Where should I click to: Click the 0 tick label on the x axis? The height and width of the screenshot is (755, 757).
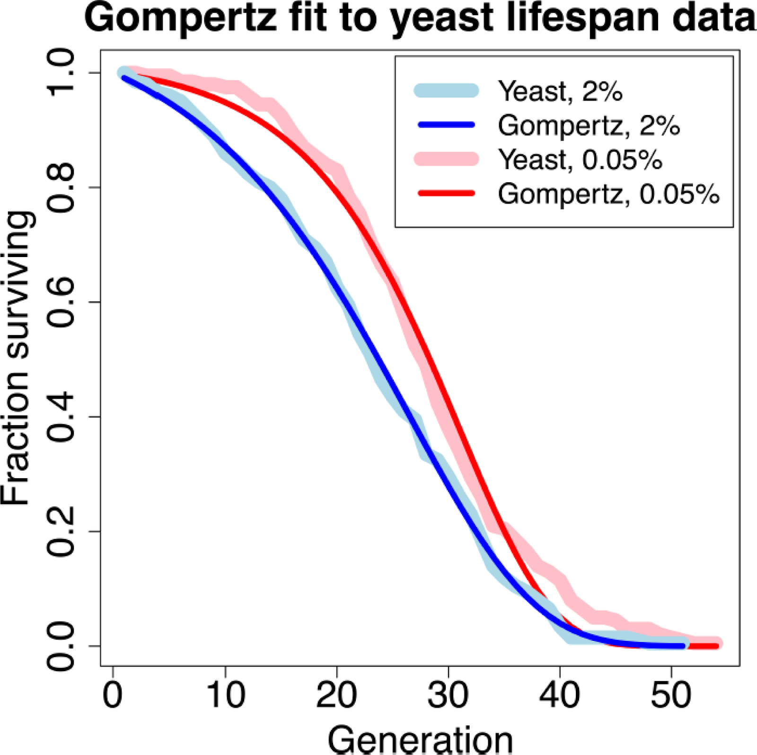(x=113, y=695)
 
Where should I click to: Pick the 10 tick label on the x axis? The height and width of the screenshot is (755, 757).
(x=225, y=695)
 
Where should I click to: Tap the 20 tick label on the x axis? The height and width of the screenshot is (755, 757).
(x=337, y=695)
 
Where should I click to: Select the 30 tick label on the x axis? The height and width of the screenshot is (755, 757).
(x=448, y=695)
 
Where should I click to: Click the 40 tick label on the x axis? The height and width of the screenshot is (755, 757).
(x=560, y=695)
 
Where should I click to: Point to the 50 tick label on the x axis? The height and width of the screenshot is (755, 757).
(x=671, y=695)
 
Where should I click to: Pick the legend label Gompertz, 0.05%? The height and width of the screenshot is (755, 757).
(x=608, y=194)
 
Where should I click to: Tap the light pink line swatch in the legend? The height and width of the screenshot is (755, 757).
(x=446, y=159)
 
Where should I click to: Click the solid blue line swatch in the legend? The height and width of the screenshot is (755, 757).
(x=446, y=125)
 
